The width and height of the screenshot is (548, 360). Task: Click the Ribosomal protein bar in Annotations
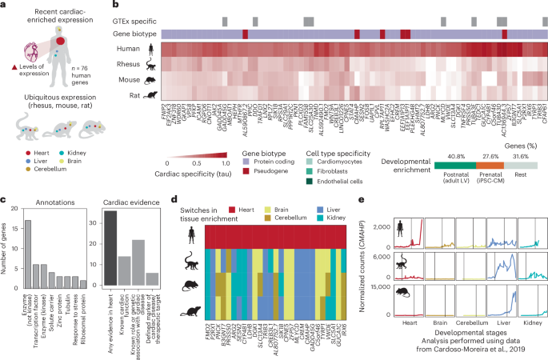pyautogui.click(x=84, y=283)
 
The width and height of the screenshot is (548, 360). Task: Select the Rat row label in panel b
pyautogui.click(x=127, y=94)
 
